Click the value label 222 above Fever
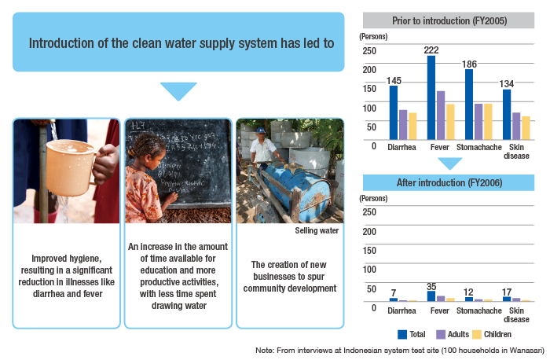coord(431,50)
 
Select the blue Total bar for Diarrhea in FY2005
coord(394,112)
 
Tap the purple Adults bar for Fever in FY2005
coord(441,116)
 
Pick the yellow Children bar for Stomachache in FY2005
coord(488,122)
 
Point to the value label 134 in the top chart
coord(507,84)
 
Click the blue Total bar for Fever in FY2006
coord(431,296)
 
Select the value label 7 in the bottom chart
coord(394,292)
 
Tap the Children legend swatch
coord(477,334)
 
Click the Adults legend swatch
coord(441,334)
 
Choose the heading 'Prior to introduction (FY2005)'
coord(449,20)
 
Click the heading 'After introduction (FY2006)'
coord(449,183)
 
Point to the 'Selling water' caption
coord(317,230)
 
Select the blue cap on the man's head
coord(261,130)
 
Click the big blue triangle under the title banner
coord(178,90)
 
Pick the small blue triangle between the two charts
coord(449,163)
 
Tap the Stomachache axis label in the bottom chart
coord(478,310)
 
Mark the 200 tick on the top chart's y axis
coord(369,70)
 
